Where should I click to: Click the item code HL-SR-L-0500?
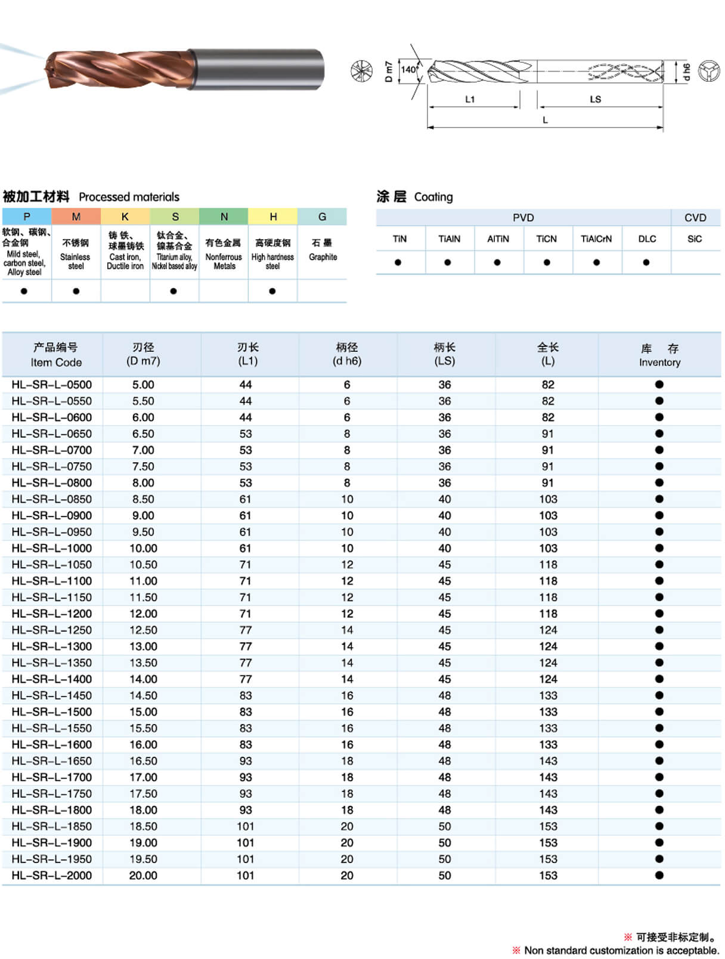pyautogui.click(x=52, y=385)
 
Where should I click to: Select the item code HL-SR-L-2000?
pyautogui.click(x=52, y=876)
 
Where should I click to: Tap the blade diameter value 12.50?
pyautogui.click(x=143, y=630)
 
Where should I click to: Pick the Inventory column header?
pyautogui.click(x=659, y=355)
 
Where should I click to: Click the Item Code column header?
pyautogui.click(x=56, y=355)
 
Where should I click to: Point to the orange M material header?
pyautogui.click(x=76, y=216)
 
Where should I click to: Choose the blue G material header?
pyautogui.click(x=322, y=216)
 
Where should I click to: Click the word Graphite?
pyautogui.click(x=323, y=257)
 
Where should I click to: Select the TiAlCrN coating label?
pyautogui.click(x=596, y=239)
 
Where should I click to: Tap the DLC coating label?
pyautogui.click(x=647, y=239)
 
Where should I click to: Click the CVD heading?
pyautogui.click(x=695, y=218)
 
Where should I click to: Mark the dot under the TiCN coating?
pyautogui.click(x=547, y=262)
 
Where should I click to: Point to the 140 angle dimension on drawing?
pyautogui.click(x=408, y=70)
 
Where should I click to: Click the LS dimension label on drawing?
pyautogui.click(x=595, y=99)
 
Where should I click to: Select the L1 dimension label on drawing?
pyautogui.click(x=470, y=99)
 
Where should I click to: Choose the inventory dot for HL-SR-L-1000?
pyautogui.click(x=659, y=548)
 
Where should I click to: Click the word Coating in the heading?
pyautogui.click(x=433, y=197)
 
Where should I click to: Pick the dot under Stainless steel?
pyautogui.click(x=76, y=291)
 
